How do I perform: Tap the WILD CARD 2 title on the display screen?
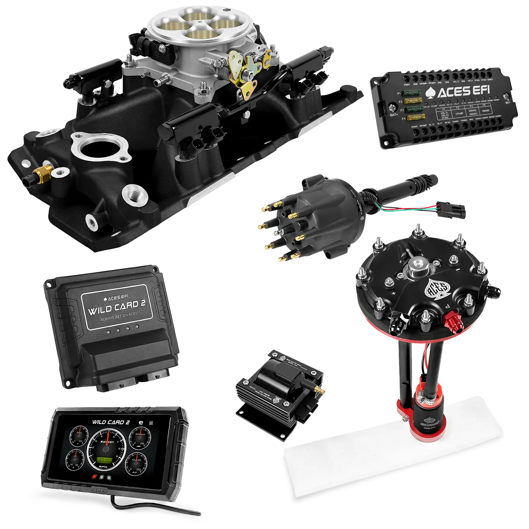coord(111,422)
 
